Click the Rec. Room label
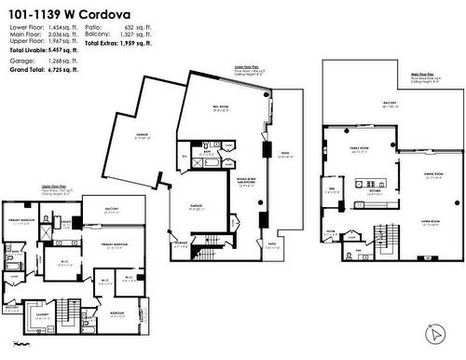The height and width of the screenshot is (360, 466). point(221,108)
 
